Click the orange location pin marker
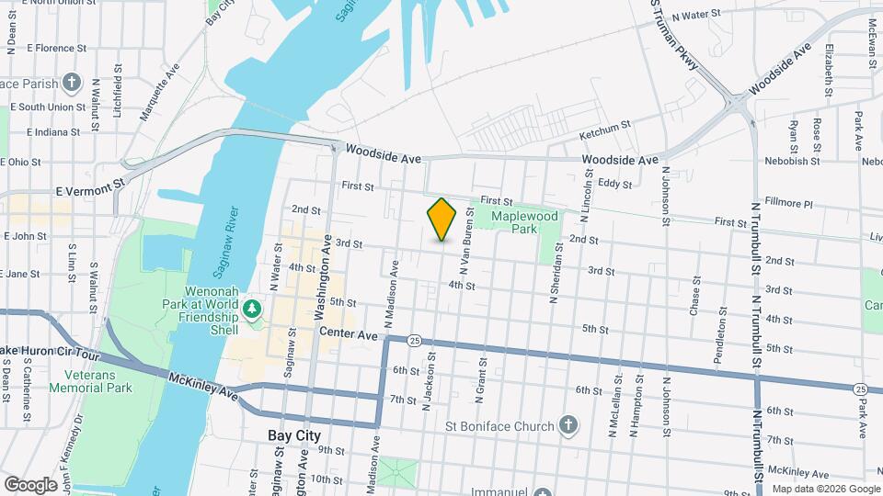point(442,219)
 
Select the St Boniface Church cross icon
point(569,425)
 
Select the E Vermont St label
point(89,190)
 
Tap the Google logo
point(30,484)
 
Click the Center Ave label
point(349,336)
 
